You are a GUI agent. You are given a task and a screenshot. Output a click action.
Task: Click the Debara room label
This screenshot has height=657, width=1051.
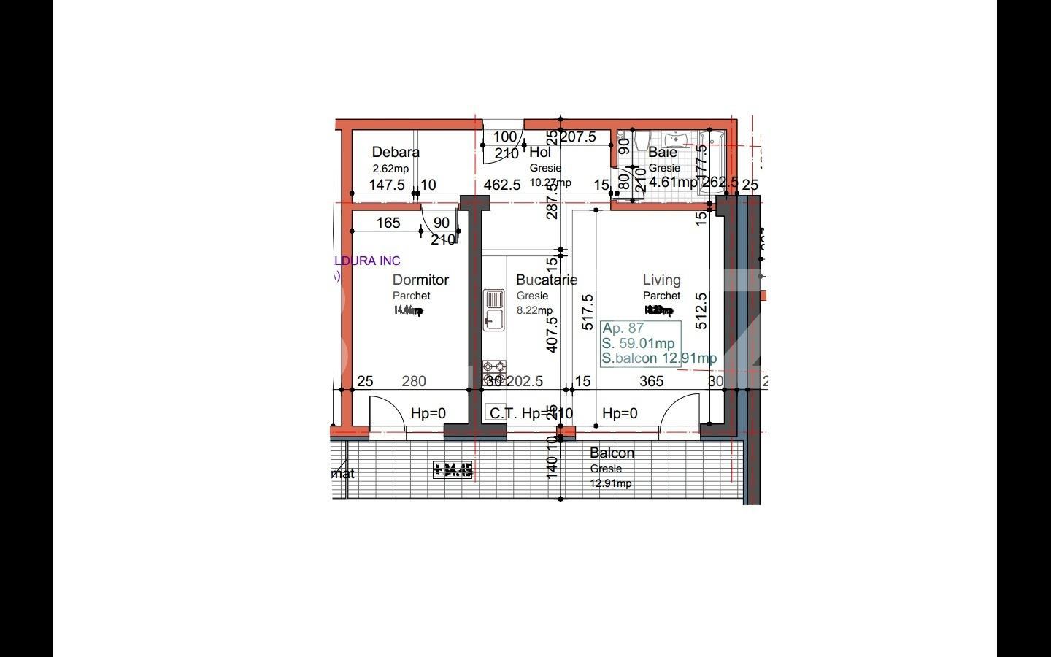[x=396, y=153]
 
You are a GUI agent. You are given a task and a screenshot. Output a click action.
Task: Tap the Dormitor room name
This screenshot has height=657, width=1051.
[x=420, y=280]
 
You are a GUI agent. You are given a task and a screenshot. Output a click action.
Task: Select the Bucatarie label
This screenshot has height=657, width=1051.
[x=546, y=280]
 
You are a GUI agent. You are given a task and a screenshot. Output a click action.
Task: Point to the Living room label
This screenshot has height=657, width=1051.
[x=661, y=280]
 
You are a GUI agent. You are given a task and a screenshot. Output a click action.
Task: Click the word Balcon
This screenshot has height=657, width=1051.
[x=612, y=453]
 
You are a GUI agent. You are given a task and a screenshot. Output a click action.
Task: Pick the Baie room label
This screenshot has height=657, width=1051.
[x=663, y=153]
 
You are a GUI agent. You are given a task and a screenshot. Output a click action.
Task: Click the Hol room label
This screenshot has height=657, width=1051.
[x=540, y=153]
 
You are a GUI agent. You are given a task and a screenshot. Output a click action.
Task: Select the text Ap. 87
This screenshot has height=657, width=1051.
[x=623, y=328]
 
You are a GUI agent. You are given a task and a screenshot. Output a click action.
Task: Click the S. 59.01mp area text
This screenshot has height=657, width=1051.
[x=638, y=343]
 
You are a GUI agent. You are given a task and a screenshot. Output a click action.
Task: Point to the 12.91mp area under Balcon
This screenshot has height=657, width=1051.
[x=612, y=483]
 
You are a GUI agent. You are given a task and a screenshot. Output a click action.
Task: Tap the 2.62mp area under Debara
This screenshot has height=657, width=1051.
[x=390, y=169]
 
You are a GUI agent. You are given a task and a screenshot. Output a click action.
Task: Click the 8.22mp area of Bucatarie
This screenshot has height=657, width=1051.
[x=534, y=310]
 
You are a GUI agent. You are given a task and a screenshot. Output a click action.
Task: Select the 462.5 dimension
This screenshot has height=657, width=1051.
[x=502, y=185]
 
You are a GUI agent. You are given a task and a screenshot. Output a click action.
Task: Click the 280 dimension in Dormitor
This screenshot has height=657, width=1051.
[x=414, y=381]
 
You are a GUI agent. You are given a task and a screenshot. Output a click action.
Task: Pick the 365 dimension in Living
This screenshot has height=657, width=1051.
[x=651, y=381]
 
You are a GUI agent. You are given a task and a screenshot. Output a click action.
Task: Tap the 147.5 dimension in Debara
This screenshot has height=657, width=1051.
[x=386, y=185]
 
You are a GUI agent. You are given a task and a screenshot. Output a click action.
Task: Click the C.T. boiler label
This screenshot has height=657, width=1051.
[x=502, y=414]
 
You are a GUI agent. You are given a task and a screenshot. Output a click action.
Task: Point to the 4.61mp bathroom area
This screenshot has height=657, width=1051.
[x=673, y=182]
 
